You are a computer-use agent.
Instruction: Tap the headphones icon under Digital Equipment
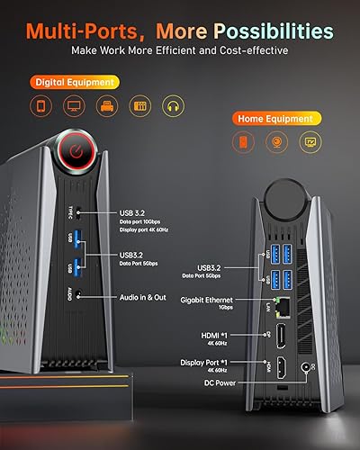pyautogui.click(x=173, y=107)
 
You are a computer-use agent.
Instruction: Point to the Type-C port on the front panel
pyautogui.click(x=79, y=213)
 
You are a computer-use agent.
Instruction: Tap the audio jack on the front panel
pyautogui.click(x=79, y=293)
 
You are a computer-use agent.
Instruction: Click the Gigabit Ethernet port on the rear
pyautogui.click(x=287, y=307)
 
